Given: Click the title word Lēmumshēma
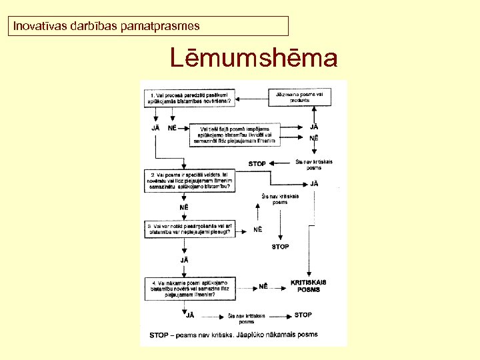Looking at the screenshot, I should (253, 58).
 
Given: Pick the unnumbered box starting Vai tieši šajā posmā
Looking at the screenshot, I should (235, 133).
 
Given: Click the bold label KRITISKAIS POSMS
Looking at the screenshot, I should (309, 285).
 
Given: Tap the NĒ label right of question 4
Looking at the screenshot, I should (263, 287).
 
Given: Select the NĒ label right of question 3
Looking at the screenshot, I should (257, 229).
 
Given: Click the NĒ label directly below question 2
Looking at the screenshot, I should (183, 207).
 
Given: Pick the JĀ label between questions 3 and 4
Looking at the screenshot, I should (183, 259).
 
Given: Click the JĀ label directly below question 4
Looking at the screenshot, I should (190, 315).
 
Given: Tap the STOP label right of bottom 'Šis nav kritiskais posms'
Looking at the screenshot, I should (303, 315).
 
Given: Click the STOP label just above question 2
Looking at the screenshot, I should (257, 163).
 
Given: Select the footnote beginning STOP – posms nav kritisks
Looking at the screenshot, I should (233, 334).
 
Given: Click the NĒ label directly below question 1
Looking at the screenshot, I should (173, 128).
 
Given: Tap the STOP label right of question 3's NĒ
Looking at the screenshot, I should (280, 247).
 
